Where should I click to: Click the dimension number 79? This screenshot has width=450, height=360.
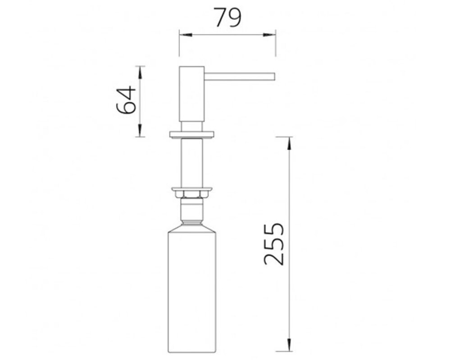[x=228, y=17]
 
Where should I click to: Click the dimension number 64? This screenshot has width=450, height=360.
[x=126, y=100]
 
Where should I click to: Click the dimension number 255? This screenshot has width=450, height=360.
[x=274, y=244]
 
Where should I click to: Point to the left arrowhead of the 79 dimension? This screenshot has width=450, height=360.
[x=186, y=35]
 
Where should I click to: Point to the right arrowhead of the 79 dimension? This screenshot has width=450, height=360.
[x=269, y=35]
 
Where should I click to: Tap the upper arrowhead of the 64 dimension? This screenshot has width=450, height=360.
[x=140, y=72]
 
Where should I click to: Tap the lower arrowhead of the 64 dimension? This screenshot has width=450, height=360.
[x=140, y=130]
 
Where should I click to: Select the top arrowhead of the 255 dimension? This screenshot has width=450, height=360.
[x=289, y=143]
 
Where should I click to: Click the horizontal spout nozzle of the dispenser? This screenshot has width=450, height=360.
[x=240, y=76]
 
